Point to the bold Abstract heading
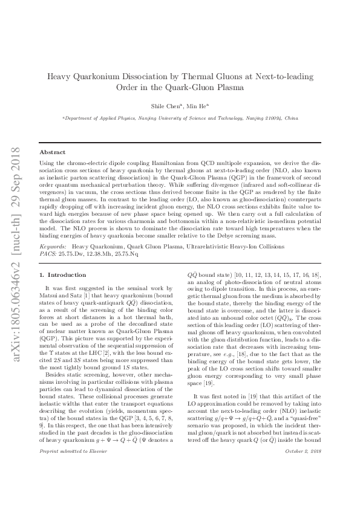coord(53,152)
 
